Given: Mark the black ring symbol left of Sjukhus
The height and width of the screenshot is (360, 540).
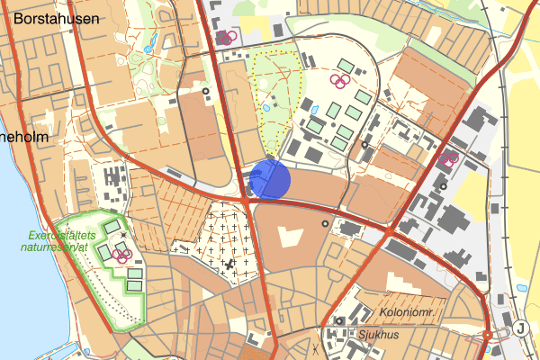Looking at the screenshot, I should click(339, 321).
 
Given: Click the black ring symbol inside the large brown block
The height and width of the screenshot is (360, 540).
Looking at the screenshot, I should click(325, 222).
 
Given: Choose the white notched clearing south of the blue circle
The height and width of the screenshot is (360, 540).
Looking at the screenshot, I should click(289, 238).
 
